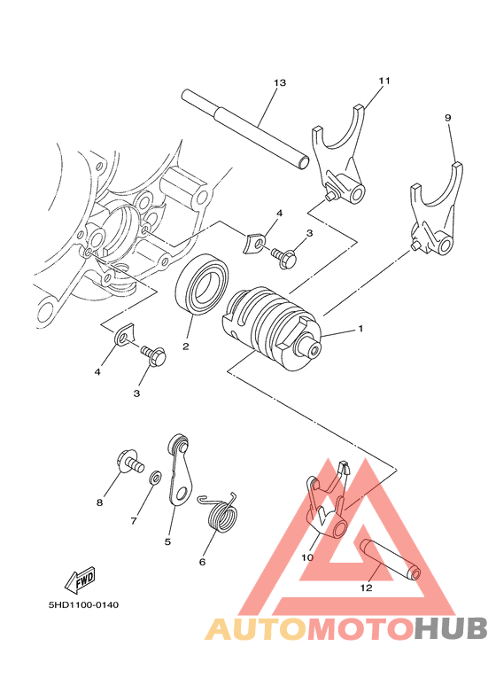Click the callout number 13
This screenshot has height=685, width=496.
280,82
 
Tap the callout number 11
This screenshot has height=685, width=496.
384,81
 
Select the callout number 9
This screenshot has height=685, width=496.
447,117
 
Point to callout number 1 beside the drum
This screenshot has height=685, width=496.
360,329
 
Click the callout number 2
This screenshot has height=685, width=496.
187,346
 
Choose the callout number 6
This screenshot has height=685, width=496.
202,561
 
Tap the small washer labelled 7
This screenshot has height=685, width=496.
156,478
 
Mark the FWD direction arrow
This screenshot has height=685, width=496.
81,580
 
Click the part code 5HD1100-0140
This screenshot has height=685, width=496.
83,605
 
